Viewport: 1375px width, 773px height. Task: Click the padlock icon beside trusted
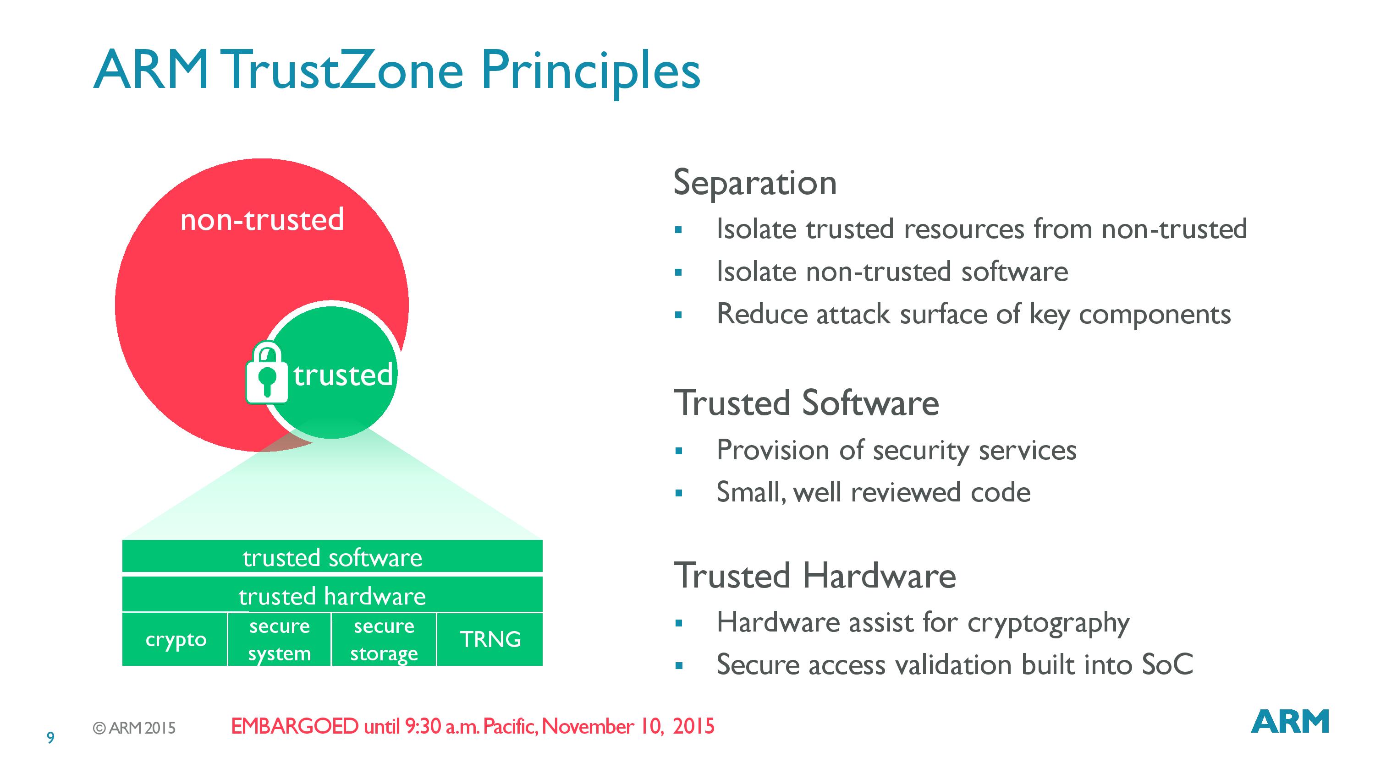click(267, 372)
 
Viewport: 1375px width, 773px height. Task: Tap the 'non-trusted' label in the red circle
click(262, 219)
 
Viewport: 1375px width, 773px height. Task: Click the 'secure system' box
click(279, 639)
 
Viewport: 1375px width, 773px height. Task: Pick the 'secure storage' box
click(384, 639)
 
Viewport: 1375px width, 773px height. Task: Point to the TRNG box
click(490, 639)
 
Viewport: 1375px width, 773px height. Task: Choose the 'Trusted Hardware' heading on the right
click(814, 576)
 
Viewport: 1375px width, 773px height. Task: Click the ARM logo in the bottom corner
click(1290, 721)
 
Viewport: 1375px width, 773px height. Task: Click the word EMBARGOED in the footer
click(295, 726)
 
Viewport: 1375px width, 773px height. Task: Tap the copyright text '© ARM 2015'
click(134, 728)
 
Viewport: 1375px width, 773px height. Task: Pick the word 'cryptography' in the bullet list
click(1048, 623)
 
